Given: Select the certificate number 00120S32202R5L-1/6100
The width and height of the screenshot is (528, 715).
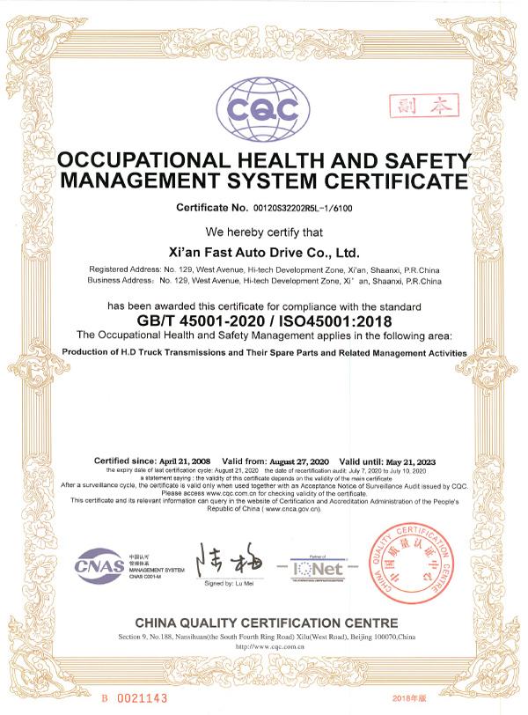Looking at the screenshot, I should (300, 208).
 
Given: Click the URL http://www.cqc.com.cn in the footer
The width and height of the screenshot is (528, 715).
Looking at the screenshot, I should (264, 645).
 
